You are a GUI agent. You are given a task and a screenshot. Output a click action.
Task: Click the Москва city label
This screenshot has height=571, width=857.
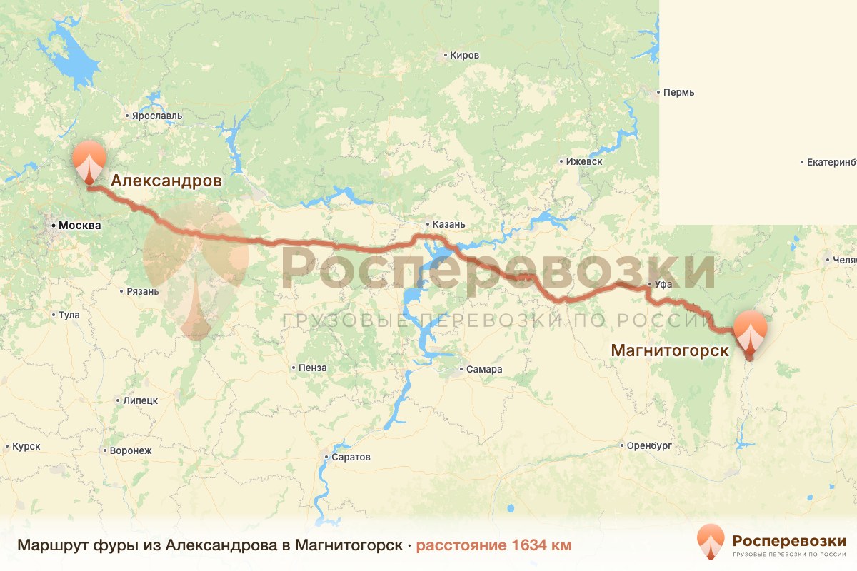79,226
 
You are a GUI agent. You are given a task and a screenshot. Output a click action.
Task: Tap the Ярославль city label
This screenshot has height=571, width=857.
156,116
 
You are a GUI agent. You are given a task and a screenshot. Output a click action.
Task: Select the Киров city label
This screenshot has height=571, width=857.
463,55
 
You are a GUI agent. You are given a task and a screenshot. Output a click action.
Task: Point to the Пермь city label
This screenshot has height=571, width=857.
678,92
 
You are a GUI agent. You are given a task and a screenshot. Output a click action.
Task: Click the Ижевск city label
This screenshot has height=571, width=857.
584,161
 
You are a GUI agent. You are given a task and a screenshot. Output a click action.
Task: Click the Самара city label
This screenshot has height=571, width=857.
485,369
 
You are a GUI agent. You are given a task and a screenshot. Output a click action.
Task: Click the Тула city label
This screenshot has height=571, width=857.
69,315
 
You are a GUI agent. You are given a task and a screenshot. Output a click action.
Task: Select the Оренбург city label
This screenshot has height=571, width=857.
650,445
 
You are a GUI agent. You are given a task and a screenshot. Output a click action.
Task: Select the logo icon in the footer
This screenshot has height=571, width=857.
711,542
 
